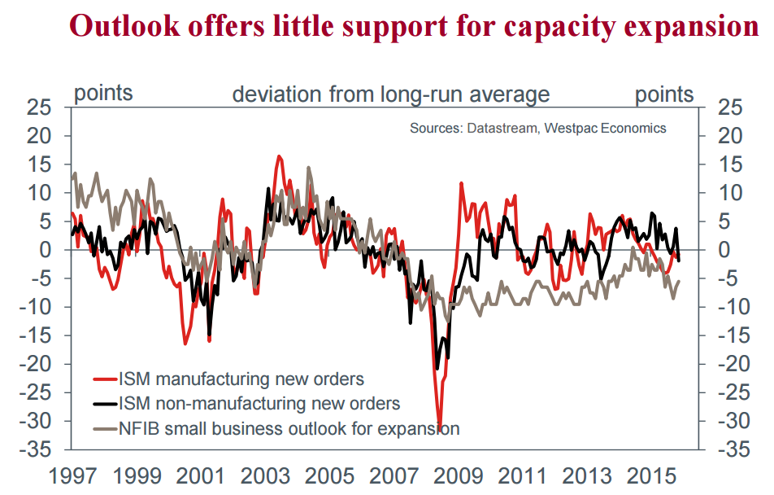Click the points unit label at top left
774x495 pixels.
(103, 93)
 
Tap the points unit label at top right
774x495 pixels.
(664, 94)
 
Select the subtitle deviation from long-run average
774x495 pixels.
(391, 94)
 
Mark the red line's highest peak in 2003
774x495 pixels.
(279, 156)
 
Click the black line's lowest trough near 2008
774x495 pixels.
(437, 369)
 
